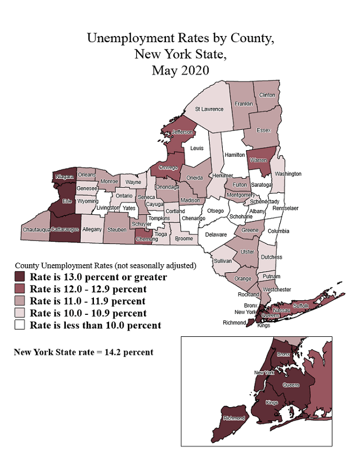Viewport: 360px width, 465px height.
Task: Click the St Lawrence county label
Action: point(209,109)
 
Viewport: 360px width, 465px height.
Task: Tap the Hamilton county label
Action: point(235,155)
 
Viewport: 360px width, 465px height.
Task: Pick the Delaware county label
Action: point(215,234)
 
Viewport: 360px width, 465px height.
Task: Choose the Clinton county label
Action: point(267,95)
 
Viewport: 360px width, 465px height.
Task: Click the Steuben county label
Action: point(116,230)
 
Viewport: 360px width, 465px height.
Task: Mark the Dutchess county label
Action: point(272,257)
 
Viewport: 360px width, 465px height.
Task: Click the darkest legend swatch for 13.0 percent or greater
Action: point(20,277)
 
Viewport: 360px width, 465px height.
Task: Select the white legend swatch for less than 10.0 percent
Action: point(20,325)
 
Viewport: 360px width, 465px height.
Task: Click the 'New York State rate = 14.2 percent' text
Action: point(83,353)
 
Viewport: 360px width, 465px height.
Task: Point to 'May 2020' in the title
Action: point(180,70)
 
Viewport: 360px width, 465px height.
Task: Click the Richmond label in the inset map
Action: point(234,418)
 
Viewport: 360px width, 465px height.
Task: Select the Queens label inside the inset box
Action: point(291,385)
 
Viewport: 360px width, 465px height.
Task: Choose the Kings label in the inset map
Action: point(272,403)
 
